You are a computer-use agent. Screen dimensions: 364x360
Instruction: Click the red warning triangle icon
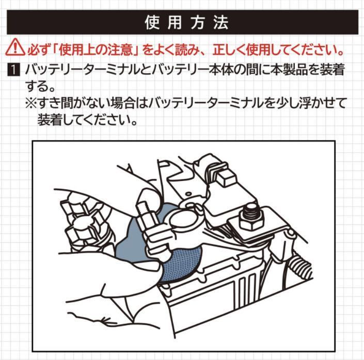(x=15, y=47)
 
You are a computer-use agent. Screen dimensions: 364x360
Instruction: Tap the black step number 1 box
(x=13, y=70)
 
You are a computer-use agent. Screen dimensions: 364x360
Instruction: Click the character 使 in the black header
(x=152, y=23)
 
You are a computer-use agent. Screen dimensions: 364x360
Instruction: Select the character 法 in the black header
(x=221, y=23)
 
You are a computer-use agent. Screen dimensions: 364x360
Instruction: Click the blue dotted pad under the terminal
(x=183, y=265)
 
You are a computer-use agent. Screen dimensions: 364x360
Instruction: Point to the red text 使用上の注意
(x=97, y=50)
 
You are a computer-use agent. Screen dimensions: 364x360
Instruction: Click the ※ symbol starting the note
(x=31, y=103)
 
